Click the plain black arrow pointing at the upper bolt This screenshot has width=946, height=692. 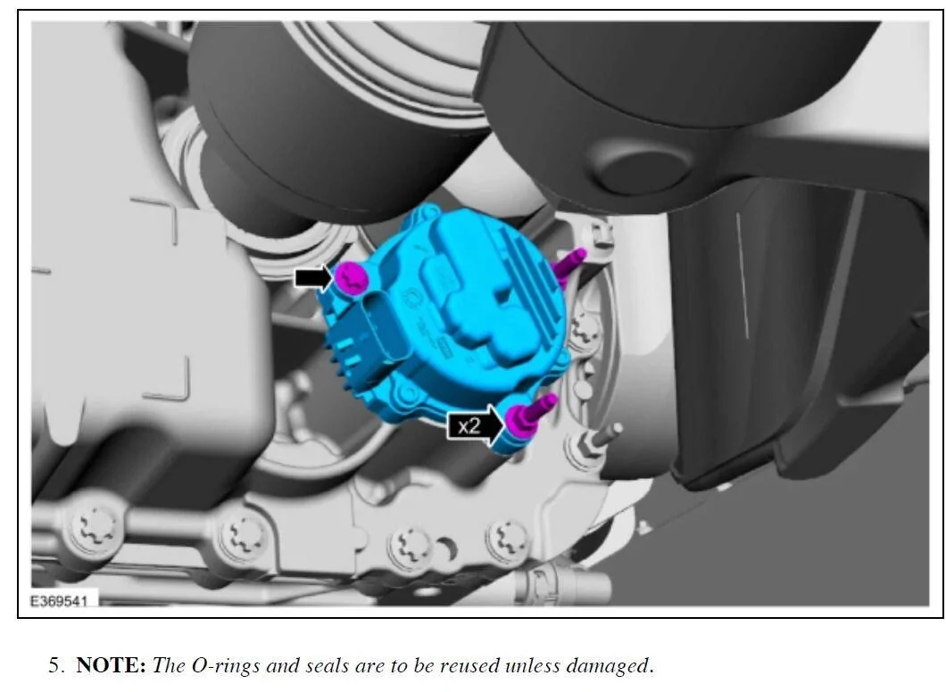(x=314, y=278)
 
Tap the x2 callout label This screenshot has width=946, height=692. (x=469, y=426)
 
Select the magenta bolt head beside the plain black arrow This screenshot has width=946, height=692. (x=352, y=278)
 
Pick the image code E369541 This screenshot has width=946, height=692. (x=59, y=601)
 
